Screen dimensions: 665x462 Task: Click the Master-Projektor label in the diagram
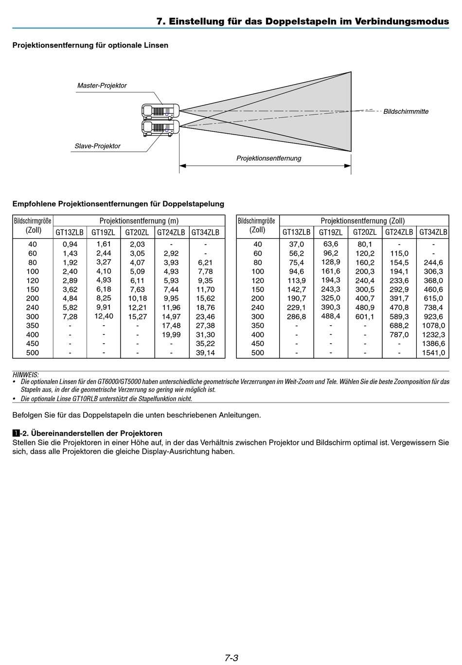coord(102,86)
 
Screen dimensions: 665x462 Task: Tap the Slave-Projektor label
coord(97,146)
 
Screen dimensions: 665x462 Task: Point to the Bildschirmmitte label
coord(406,111)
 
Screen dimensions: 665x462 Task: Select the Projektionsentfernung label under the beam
coord(268,158)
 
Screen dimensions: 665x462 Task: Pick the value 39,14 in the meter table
coord(205,352)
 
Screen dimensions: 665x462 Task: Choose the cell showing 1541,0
coord(433,352)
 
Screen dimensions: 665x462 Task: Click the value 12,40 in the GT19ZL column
coord(104,316)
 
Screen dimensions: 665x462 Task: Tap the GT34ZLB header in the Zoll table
coord(433,232)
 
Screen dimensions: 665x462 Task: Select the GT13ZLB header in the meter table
coord(69,232)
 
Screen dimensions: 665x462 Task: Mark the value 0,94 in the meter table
coord(70,244)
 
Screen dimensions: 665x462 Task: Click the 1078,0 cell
coord(433,325)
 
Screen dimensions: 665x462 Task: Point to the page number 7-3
coord(231,658)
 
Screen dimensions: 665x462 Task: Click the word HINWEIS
coord(25,374)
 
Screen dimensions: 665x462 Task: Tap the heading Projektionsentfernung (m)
coord(139,221)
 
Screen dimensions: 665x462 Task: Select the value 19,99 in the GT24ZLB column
coord(171,334)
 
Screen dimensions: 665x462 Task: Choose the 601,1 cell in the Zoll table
coord(365,316)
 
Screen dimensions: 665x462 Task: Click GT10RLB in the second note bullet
coord(85,399)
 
